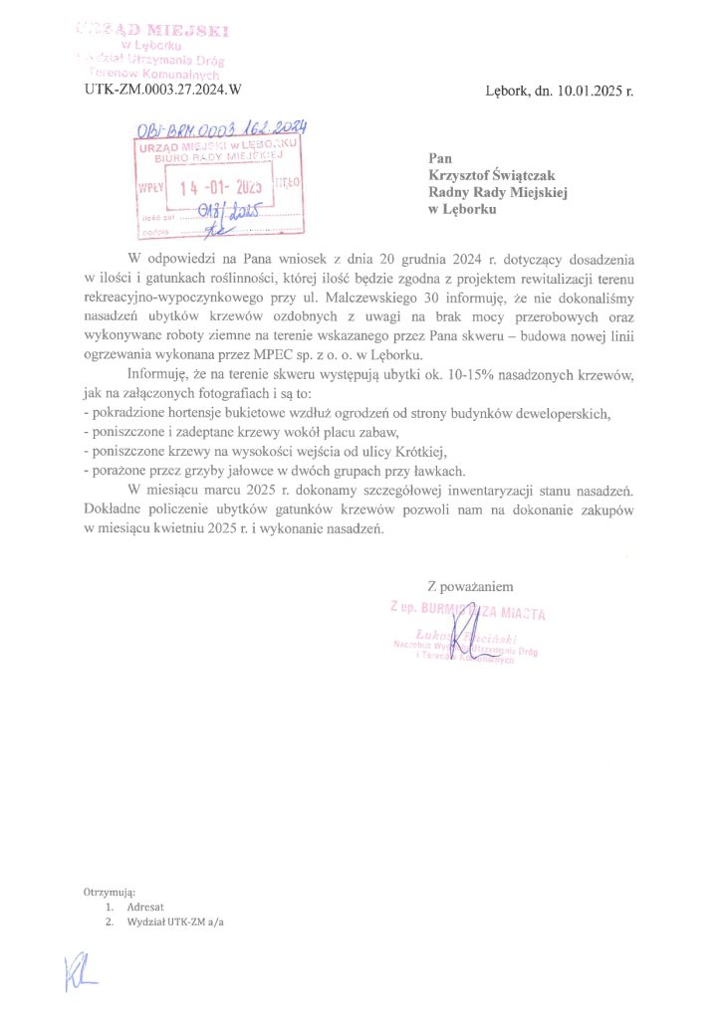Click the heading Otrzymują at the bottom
pos(110,892)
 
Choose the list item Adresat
pos(145,908)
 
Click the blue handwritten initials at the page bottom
pos(79,971)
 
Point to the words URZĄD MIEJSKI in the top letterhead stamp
pos(153,30)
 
